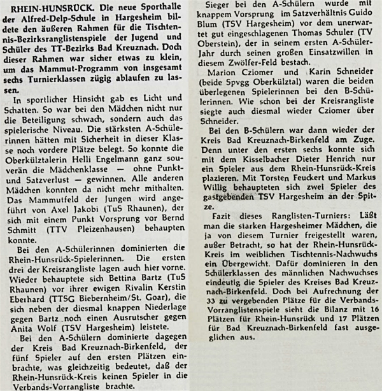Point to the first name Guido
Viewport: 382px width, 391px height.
363,20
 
